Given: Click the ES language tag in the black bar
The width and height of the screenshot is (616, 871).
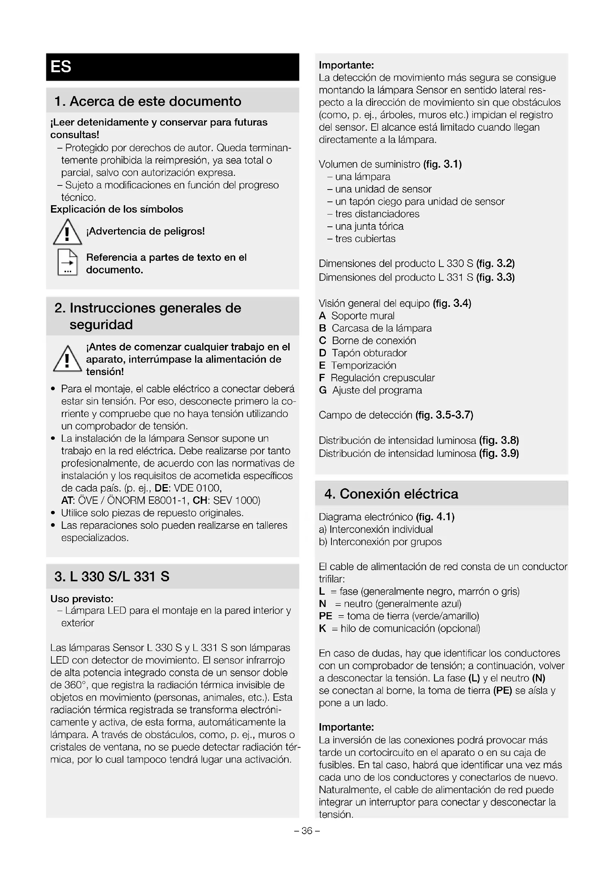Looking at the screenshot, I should pos(61,67).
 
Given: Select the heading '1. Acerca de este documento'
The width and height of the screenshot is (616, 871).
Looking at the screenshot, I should pos(147,101).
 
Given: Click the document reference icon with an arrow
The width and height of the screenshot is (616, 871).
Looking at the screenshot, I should pos(67,262).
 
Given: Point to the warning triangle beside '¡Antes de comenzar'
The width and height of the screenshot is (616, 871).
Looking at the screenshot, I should pos(67,359).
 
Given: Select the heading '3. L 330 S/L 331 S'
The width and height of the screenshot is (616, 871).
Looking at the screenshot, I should pos(112,576).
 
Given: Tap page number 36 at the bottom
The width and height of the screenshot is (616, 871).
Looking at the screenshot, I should pos(307,831).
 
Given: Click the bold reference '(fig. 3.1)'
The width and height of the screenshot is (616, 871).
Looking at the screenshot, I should pos(442,164).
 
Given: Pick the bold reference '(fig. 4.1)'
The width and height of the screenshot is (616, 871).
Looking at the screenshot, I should pos(435,517).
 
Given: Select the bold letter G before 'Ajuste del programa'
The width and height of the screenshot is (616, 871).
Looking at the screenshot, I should pos(323,390).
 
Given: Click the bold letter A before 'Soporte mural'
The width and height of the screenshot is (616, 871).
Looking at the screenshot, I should pos(323,316).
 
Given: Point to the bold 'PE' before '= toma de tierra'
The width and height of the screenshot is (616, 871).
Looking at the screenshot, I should pos(326,616).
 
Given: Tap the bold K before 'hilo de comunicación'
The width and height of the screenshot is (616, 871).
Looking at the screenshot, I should pos(323,628).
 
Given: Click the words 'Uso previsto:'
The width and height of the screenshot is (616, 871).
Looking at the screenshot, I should pos(82,599).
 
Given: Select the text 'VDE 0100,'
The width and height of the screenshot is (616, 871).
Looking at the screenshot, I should pos(197,488).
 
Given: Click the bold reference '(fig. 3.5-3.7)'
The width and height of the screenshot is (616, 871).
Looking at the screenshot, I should pos(444,415).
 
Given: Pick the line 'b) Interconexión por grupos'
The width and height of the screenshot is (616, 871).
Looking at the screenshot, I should pos(380,542).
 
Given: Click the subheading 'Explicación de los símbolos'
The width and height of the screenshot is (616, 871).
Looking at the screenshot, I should pos(117,209).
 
